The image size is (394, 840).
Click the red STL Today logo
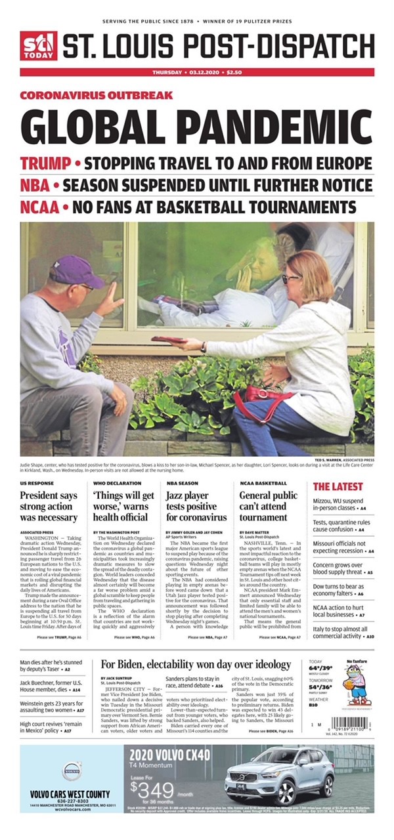point(38,45)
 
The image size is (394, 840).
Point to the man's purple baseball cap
point(76,271)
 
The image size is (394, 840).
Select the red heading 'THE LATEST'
point(337,486)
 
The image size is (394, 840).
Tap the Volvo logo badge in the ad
point(71,770)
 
